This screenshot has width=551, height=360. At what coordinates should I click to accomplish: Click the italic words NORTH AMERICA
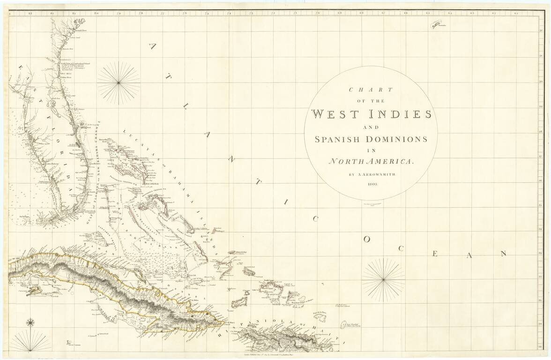tap(371, 161)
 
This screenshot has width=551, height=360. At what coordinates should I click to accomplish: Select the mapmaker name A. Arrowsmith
tap(371, 174)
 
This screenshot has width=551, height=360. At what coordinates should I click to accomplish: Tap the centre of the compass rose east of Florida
tap(119, 83)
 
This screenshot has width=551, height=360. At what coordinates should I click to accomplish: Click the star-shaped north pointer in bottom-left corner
tap(30, 322)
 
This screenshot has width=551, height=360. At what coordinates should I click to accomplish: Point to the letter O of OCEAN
tap(367, 239)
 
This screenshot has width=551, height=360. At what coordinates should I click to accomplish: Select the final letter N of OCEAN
tap(503, 254)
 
